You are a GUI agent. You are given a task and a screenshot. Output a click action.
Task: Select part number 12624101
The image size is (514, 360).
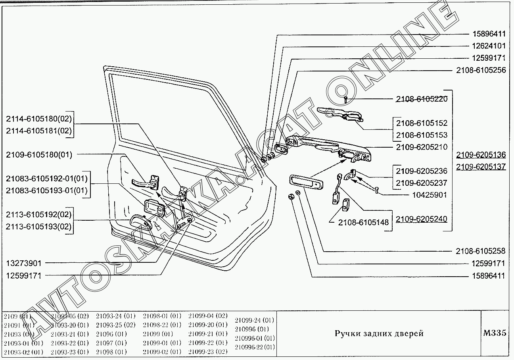tap(483, 46)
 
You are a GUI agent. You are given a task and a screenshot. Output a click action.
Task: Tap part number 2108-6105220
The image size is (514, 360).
tap(422, 99)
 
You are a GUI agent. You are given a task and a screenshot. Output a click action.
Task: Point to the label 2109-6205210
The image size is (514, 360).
tap(422, 147)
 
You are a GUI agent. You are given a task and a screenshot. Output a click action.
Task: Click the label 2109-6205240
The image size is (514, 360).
tap(422, 219)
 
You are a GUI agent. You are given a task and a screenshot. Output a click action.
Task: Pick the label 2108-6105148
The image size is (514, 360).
tap(363, 223)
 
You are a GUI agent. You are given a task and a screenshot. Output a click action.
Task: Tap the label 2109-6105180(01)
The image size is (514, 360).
tap(39, 155)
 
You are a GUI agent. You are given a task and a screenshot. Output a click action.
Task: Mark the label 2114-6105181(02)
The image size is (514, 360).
tap(39, 131)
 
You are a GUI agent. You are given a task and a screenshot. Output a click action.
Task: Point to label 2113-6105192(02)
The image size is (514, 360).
tap(39, 215)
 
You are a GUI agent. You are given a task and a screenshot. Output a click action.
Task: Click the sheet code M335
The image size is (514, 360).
tap(495, 333)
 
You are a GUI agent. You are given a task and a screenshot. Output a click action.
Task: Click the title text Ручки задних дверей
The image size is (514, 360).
tap(379, 333)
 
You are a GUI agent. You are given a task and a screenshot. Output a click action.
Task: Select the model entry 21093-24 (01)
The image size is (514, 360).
tap(115, 316)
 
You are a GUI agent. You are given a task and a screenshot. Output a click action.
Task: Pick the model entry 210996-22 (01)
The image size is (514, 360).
tap(255, 347)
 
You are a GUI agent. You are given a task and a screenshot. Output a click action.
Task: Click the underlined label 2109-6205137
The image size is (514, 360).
tap(481, 167)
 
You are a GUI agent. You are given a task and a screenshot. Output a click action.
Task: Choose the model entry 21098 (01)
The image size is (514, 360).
tap(111, 352)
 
